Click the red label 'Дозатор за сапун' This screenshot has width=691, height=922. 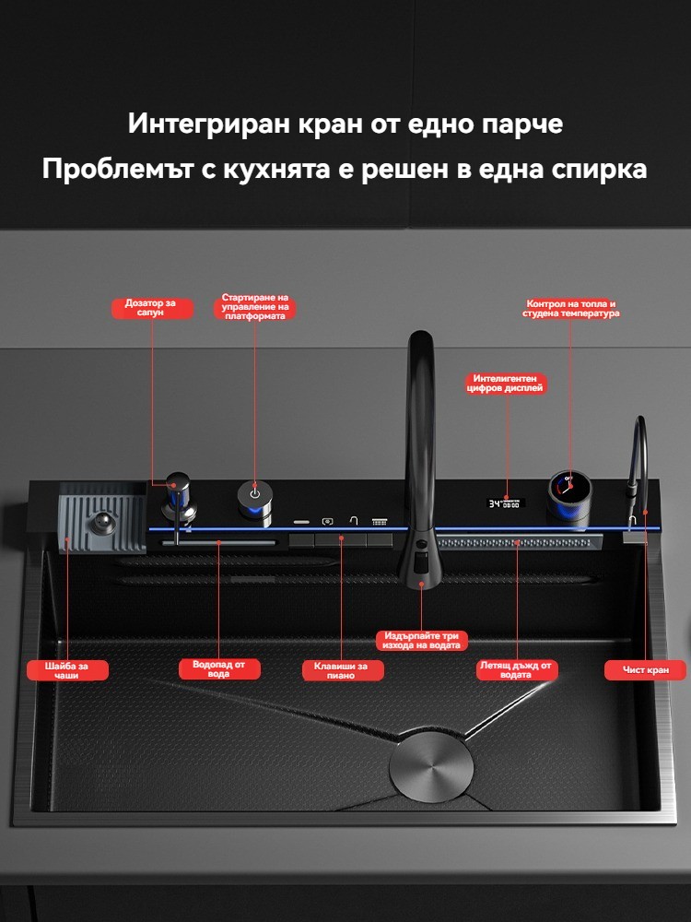[152, 308]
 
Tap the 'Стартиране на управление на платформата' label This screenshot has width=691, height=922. [254, 308]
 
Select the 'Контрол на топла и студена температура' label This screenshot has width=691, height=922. [570, 309]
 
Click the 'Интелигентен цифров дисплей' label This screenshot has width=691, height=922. [506, 384]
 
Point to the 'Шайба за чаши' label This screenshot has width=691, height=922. [67, 670]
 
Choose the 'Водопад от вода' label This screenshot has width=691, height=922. [218, 669]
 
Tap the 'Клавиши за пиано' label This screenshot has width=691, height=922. [343, 670]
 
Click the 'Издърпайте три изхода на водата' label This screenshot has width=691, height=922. [421, 641]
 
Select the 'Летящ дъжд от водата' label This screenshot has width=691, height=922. [517, 669]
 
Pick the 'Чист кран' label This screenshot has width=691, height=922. [645, 669]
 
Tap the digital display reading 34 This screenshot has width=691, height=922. [505, 504]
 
